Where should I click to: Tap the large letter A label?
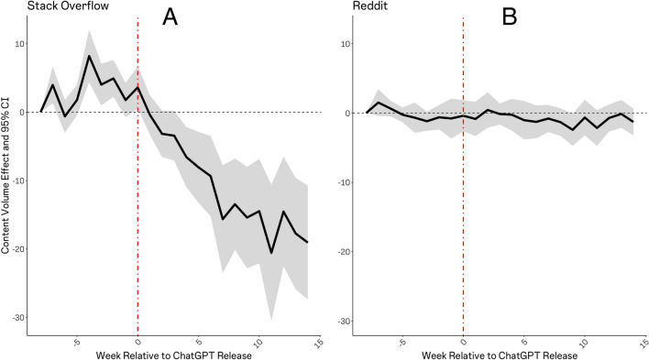coord(170,16)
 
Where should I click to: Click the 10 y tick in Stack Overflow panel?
coord(17,44)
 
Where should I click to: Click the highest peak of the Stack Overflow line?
coord(89,56)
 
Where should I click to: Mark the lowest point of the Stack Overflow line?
coord(271,253)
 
